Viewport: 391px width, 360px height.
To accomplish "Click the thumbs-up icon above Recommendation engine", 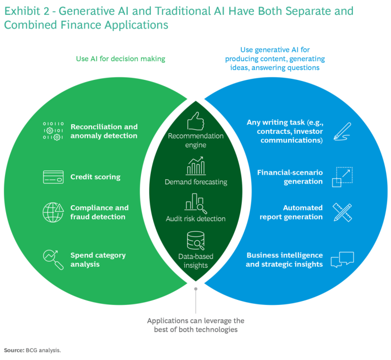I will click(x=196, y=122).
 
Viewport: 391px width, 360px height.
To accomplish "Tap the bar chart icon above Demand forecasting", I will click(x=196, y=166).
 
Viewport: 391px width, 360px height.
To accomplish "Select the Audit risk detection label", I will click(x=196, y=218).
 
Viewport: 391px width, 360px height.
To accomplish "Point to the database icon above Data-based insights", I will click(x=196, y=239).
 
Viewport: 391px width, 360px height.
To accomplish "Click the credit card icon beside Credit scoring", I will click(x=53, y=177).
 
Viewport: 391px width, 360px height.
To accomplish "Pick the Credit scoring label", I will click(x=95, y=177).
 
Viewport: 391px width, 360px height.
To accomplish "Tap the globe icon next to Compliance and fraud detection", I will click(x=53, y=212).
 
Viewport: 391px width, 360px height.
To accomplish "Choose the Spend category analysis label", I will click(x=98, y=260).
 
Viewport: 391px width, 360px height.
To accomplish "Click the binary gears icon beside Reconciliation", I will click(x=53, y=131).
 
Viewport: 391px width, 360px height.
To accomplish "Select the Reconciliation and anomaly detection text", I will click(x=104, y=131).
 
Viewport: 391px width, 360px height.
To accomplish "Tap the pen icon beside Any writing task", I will click(x=342, y=130).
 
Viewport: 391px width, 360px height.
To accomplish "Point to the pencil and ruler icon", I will click(x=342, y=212).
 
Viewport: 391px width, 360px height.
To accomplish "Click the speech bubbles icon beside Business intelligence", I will click(x=342, y=260).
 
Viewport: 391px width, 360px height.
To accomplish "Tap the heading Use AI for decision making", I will click(x=121, y=59).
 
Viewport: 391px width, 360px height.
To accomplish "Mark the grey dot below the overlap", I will click(x=196, y=289).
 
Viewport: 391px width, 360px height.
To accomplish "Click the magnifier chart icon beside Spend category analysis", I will click(x=53, y=259).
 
